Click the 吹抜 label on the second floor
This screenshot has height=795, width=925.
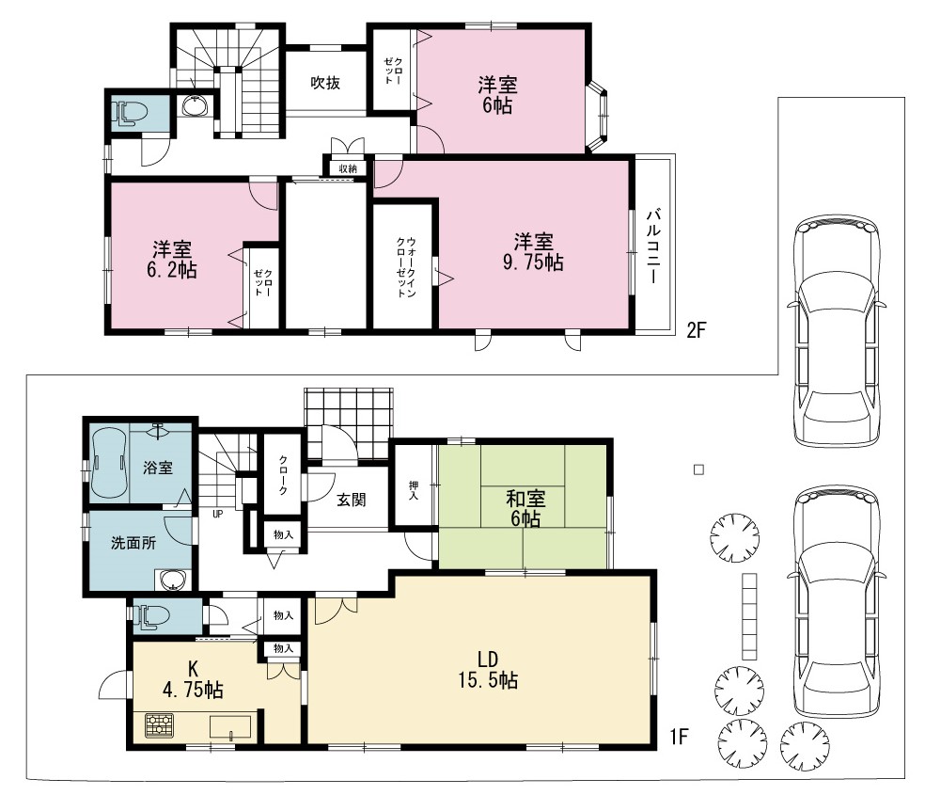(x=325, y=83)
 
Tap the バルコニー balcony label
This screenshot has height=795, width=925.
(x=653, y=246)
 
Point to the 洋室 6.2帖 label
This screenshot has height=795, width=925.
(x=172, y=259)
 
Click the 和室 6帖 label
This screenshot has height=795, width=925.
(x=525, y=509)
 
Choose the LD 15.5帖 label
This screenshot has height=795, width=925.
(x=488, y=669)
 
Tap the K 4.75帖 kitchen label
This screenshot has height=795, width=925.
(x=193, y=679)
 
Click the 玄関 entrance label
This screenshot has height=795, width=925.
(x=352, y=500)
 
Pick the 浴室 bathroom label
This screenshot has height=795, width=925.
(x=158, y=468)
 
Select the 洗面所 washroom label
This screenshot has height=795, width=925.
(x=133, y=543)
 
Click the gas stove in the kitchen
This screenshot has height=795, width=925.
(x=159, y=725)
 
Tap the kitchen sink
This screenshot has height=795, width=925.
(x=230, y=726)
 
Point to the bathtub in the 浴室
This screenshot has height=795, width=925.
(x=108, y=464)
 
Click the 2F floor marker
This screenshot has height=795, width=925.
(x=697, y=329)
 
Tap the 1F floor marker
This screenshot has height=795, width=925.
(x=679, y=737)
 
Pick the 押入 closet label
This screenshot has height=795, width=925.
(x=415, y=491)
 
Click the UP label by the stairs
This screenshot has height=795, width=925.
(x=218, y=514)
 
